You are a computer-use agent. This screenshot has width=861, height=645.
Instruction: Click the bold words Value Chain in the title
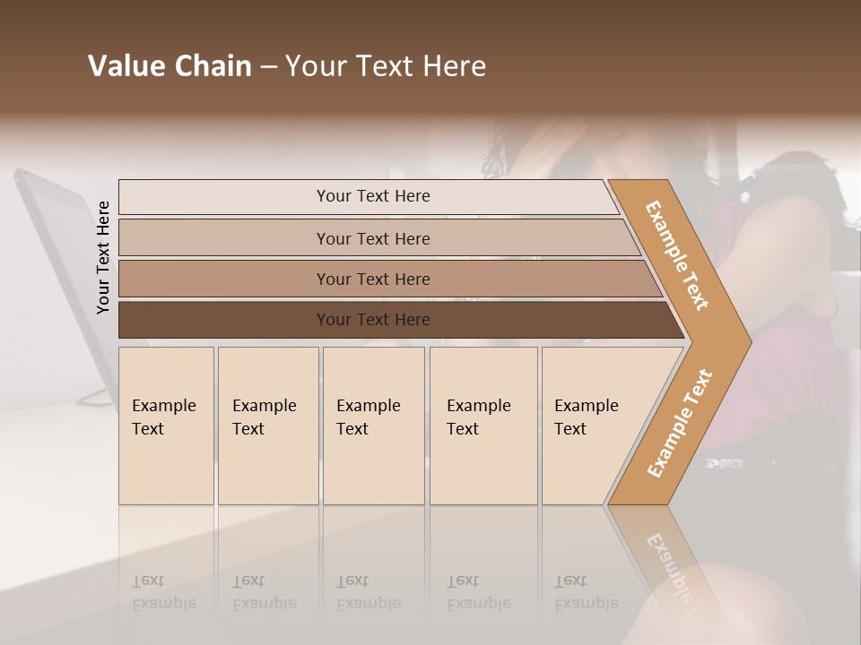pyautogui.click(x=170, y=66)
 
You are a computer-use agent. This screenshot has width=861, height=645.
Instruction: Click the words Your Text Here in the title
pyautogui.click(x=386, y=66)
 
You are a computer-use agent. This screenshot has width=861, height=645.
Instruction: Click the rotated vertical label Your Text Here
pyautogui.click(x=103, y=257)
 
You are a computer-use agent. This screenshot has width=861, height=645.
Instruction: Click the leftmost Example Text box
pyautogui.click(x=166, y=426)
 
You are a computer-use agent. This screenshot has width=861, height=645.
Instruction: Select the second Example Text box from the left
pyautogui.click(x=268, y=426)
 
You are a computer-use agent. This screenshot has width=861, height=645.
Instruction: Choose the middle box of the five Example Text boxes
pyautogui.click(x=373, y=426)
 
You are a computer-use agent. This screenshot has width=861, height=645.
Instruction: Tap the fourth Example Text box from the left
pyautogui.click(x=483, y=426)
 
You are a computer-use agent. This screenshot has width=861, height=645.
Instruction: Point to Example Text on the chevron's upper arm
pyautogui.click(x=677, y=255)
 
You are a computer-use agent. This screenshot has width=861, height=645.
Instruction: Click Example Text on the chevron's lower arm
pyautogui.click(x=680, y=423)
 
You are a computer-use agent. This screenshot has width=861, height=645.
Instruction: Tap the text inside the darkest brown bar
pyautogui.click(x=373, y=320)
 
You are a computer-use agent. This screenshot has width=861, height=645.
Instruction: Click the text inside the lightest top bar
pyautogui.click(x=373, y=196)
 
